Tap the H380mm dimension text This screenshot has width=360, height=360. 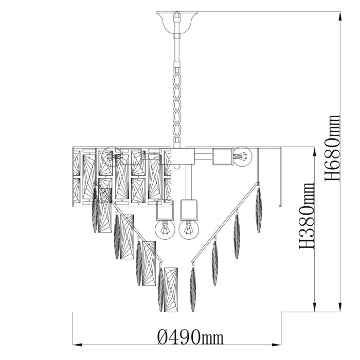(x=307, y=216)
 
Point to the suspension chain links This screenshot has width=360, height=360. (x=177, y=100)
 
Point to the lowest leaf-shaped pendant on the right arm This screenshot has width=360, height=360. (x=194, y=288)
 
